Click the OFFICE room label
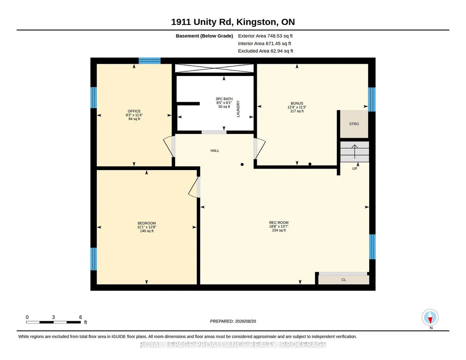pyautogui.click(x=134, y=111)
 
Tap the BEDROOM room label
pyautogui.click(x=146, y=223)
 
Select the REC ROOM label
pyautogui.click(x=279, y=222)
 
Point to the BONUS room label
pyautogui.click(x=297, y=103)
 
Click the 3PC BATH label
pyautogui.click(x=224, y=99)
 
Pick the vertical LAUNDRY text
pyautogui.click(x=238, y=109)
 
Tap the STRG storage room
pyautogui.click(x=354, y=124)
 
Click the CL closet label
pyautogui.click(x=344, y=280)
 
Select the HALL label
pyautogui.click(x=215, y=150)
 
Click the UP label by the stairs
pyautogui.click(x=355, y=169)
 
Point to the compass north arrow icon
pyautogui.click(x=430, y=318)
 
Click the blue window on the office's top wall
pyautogui.click(x=150, y=61)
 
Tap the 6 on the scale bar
pyautogui.click(x=80, y=317)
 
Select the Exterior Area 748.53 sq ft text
pyautogui.click(x=266, y=36)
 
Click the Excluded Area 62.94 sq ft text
pyautogui.click(x=266, y=51)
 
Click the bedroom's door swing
pyautogui.click(x=194, y=187)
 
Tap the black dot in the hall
pyautogui.click(x=242, y=165)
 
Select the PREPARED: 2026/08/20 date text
pyautogui.click(x=233, y=321)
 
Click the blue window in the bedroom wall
pyautogui.click(x=94, y=259)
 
